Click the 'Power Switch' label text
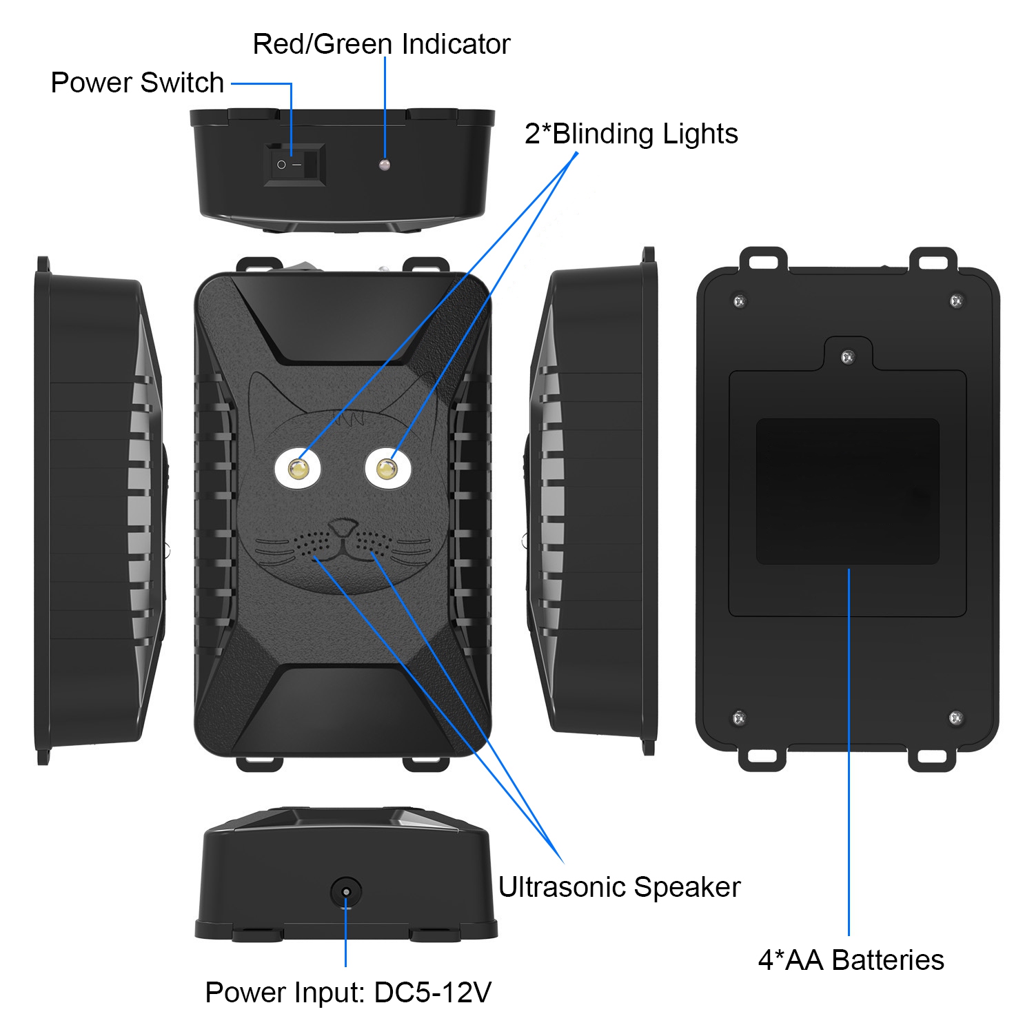(137, 83)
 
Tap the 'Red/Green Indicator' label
(381, 44)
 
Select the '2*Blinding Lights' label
(631, 134)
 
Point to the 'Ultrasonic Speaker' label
(619, 887)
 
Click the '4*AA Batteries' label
(851, 960)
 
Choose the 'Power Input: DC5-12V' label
(348, 993)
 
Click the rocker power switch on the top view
(294, 165)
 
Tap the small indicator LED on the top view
(385, 165)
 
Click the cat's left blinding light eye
(298, 469)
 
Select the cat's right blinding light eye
(387, 469)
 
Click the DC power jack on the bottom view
(346, 892)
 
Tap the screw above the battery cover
(849, 357)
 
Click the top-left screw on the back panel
(739, 301)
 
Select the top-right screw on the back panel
(956, 301)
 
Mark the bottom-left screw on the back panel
(738, 718)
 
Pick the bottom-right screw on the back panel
(955, 718)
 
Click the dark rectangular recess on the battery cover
(848, 491)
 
